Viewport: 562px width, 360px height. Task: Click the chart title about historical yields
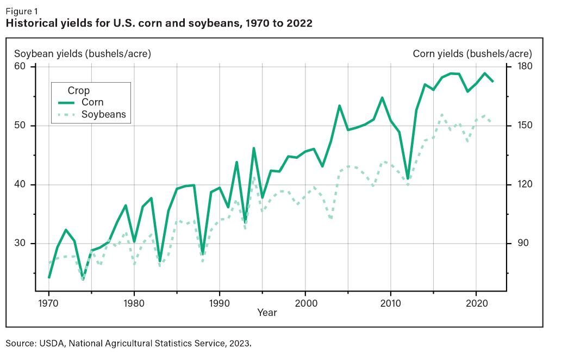click(x=159, y=23)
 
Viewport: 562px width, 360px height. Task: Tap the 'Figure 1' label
click(x=22, y=11)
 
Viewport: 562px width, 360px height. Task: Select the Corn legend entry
click(x=92, y=102)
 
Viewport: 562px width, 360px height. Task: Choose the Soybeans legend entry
click(x=103, y=114)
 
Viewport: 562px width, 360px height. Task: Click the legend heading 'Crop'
click(x=78, y=90)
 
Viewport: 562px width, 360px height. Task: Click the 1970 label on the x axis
click(x=48, y=302)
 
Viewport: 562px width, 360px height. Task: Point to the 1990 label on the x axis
click(x=219, y=302)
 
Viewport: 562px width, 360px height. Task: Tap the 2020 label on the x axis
click(x=476, y=302)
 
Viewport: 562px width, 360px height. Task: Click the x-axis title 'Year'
click(x=267, y=313)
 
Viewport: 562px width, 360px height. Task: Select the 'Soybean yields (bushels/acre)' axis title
click(x=82, y=53)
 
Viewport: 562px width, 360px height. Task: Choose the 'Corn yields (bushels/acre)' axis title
click(x=472, y=53)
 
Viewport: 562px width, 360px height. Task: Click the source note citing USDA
click(x=129, y=343)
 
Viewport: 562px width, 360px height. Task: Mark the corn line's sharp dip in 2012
click(x=408, y=178)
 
